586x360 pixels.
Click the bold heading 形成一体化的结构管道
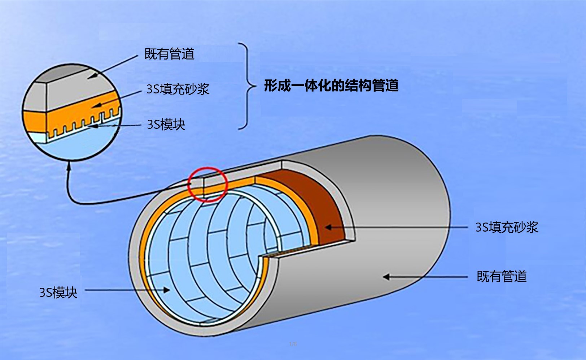331,85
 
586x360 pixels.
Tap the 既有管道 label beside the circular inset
169,54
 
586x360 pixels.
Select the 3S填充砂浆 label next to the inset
178,89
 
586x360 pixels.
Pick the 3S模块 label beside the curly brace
166,124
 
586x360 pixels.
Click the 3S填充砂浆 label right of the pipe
507,227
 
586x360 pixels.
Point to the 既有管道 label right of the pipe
502,277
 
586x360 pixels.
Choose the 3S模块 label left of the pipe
58,292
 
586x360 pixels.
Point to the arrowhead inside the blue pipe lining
167,290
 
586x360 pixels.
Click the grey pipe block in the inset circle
72,90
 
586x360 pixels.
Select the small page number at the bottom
293,344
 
